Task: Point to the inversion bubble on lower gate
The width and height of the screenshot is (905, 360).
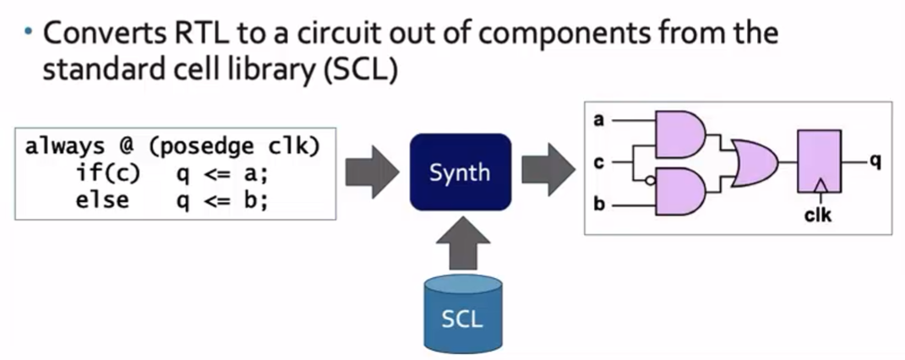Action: coord(648,179)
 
